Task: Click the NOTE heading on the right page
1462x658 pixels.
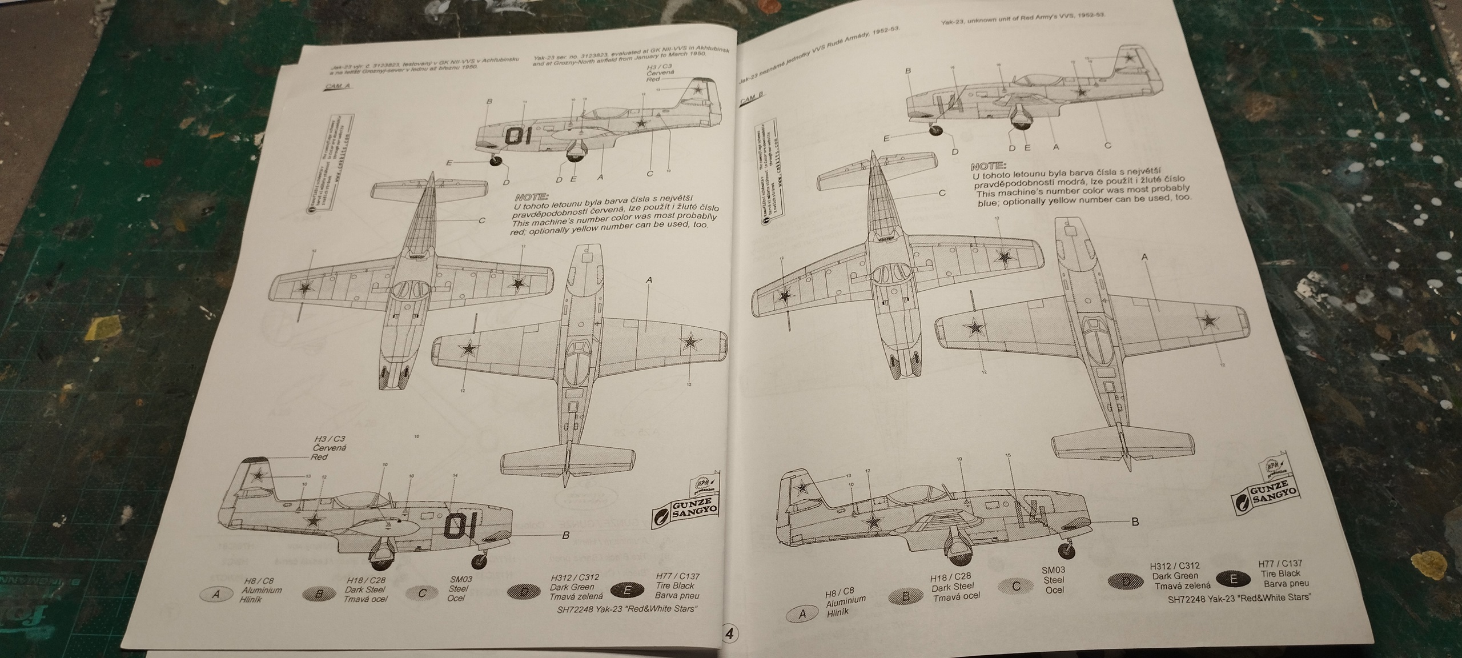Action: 989,167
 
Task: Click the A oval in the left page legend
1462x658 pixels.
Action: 216,594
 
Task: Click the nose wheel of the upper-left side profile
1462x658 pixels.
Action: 496,162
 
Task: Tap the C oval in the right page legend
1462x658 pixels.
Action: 1017,585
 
